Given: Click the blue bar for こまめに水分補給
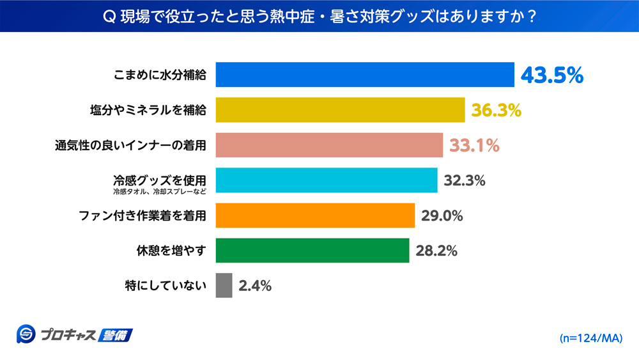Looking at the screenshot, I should coord(365,75).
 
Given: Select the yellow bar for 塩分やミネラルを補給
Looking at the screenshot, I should coord(340,110).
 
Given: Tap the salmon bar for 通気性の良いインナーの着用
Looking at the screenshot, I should coord(329,145).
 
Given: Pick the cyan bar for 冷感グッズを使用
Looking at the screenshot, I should coord(327,180).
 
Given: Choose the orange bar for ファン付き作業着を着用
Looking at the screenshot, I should coord(315,215).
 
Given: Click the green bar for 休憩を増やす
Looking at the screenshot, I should coord(312,251).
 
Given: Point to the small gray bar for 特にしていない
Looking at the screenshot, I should coord(224,286).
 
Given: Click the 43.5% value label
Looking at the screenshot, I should coord(552,75).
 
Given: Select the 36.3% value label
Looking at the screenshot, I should coord(497,110).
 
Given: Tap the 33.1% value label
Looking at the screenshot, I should coord(473,146).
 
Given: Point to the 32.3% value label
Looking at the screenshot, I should coord(465,181).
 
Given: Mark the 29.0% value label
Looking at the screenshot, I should coord(442,216).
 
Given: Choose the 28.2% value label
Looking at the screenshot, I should coord(436,251).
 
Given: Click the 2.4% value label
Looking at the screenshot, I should coord(255,286).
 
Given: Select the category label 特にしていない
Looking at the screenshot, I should coord(166,286).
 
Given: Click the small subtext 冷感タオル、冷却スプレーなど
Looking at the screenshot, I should coord(159,191).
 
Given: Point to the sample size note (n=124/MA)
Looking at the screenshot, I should coord(590,337).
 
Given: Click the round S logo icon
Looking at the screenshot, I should coord(26,334).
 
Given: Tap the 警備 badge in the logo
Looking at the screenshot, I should coord(116,334).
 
